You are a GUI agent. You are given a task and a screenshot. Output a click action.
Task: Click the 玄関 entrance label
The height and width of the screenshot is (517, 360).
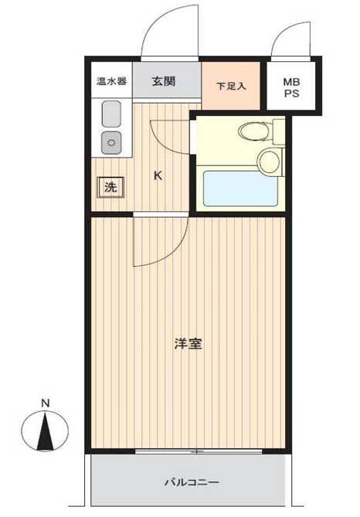click(x=164, y=81)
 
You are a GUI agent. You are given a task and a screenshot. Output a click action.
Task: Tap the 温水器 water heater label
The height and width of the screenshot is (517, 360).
click(x=111, y=81)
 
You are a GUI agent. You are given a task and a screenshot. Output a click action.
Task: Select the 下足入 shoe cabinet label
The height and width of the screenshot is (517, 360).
click(x=231, y=87)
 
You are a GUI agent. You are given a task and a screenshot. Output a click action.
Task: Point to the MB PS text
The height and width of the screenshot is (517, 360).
click(x=291, y=87)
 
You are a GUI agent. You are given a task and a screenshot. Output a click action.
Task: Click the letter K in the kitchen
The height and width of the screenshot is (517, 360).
click(x=158, y=175)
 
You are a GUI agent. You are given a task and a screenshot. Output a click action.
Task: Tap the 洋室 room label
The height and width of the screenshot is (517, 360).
click(x=188, y=344)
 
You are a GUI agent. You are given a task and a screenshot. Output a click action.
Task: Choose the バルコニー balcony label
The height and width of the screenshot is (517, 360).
click(x=192, y=483)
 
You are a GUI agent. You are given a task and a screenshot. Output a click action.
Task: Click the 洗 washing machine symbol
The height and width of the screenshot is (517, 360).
click(x=110, y=187)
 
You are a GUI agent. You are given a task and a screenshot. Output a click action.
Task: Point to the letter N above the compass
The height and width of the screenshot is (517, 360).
click(x=45, y=403)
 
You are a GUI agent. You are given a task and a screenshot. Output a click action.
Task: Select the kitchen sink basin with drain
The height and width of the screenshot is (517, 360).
click(x=111, y=143)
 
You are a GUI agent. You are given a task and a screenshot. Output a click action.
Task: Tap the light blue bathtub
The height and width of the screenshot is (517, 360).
click(x=241, y=189)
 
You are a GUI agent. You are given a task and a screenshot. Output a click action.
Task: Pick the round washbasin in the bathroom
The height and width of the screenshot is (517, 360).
click(x=270, y=161)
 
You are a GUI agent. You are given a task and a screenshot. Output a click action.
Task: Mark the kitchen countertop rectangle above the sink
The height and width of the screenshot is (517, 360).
click(x=111, y=114)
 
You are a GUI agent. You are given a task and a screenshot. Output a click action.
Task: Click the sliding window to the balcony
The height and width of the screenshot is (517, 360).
click(x=199, y=451)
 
